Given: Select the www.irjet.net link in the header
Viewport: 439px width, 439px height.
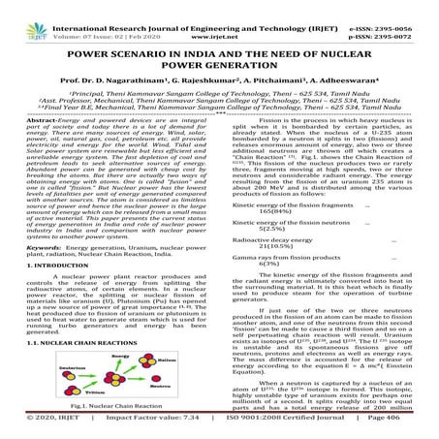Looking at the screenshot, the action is pyautogui.click(x=220, y=18).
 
